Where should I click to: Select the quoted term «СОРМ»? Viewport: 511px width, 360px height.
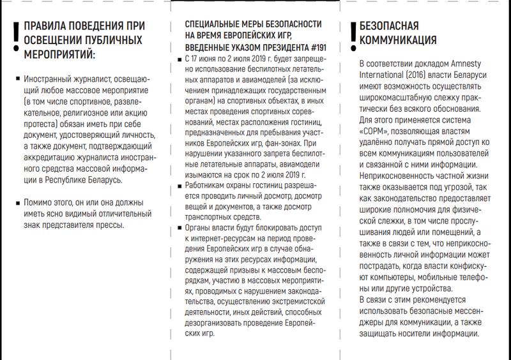(x=377, y=130)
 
